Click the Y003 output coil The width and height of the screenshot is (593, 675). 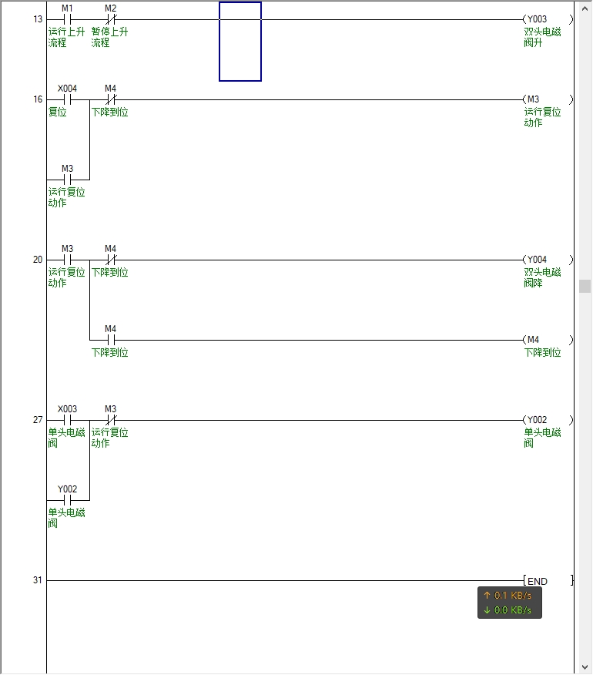click(x=548, y=19)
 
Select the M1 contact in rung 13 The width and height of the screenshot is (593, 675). click(x=67, y=19)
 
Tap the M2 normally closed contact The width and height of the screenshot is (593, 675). click(x=110, y=19)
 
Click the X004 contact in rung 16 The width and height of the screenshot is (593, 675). click(x=67, y=99)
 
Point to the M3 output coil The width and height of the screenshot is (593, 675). click(x=548, y=99)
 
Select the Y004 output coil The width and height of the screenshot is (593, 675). click(x=548, y=260)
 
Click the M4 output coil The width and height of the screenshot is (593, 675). click(x=548, y=340)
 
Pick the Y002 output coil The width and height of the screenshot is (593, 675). click(x=548, y=420)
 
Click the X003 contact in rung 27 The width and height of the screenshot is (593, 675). click(x=67, y=420)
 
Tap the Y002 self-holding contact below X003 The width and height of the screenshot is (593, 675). click(x=67, y=500)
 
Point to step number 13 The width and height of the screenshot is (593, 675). click(x=38, y=19)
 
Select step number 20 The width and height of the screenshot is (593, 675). click(x=38, y=260)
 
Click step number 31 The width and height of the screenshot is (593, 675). click(x=38, y=580)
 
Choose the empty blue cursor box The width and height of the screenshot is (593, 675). click(x=240, y=42)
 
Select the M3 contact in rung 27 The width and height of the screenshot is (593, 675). click(x=110, y=420)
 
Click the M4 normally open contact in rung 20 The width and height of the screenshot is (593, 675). click(x=110, y=340)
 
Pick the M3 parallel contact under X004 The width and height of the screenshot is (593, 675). click(x=67, y=180)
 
